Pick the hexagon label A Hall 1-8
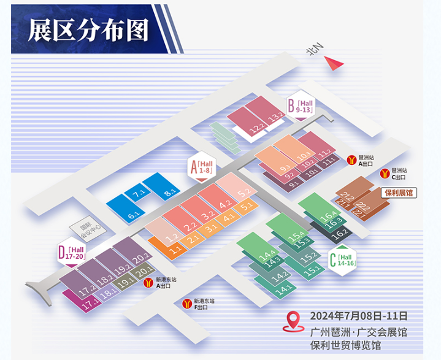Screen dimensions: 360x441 (202, 166)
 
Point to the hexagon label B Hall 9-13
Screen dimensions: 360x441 (301, 105)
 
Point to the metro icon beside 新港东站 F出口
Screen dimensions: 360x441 (186, 302)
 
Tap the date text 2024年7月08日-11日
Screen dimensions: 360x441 (358, 316)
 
